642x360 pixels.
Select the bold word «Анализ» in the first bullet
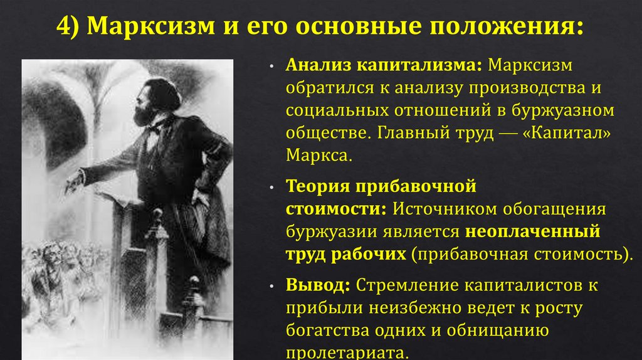318,66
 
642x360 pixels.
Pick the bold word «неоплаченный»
532,231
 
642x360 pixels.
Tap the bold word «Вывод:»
318,285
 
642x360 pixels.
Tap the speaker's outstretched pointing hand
74,180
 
